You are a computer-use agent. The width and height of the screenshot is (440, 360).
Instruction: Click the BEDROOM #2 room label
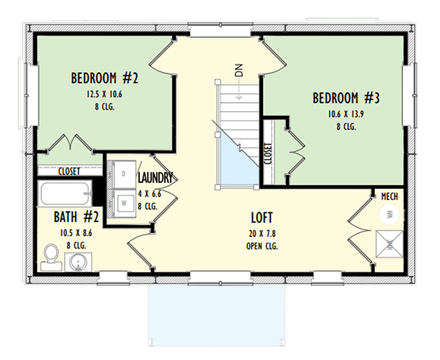(x=104, y=79)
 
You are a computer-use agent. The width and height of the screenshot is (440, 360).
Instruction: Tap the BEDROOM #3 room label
(x=346, y=99)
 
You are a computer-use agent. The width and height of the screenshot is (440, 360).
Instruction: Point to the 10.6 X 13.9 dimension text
(x=346, y=114)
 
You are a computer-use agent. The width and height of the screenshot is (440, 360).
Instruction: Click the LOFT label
(x=262, y=217)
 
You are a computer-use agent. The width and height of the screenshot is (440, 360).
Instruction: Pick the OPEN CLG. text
(x=262, y=246)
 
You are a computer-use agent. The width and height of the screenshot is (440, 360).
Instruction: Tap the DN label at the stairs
(x=239, y=70)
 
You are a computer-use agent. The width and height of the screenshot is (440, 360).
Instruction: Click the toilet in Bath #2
(x=51, y=257)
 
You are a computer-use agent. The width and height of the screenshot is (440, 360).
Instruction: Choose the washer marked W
(x=124, y=202)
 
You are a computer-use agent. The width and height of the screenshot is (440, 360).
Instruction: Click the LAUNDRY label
(x=156, y=178)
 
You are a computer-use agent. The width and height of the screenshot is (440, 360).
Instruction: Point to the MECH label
(x=389, y=196)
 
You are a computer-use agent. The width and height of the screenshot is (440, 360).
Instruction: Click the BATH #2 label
(x=76, y=217)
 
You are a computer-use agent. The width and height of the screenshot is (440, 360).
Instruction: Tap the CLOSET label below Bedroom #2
(x=69, y=171)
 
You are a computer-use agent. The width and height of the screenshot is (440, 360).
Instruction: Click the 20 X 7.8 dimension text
(x=262, y=233)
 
